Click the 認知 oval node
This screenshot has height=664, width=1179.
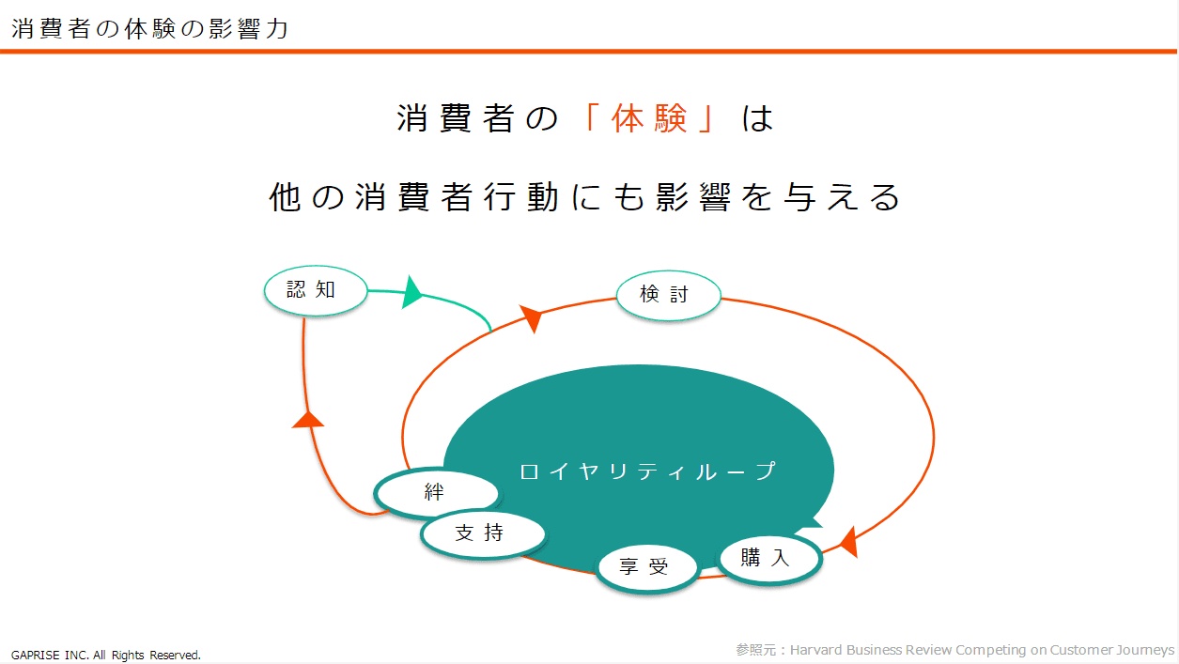[x=316, y=290]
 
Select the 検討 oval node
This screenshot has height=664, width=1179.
[x=668, y=295]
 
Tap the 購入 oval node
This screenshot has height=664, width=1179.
[x=769, y=558]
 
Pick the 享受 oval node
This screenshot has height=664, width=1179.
[x=647, y=567]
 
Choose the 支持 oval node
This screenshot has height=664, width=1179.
[x=483, y=533]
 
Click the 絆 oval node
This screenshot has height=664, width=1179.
[x=437, y=493]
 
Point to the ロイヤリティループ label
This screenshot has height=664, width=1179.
[x=648, y=471]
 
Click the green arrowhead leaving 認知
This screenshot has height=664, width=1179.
[x=412, y=292]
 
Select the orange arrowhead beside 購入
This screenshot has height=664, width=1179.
[x=848, y=542]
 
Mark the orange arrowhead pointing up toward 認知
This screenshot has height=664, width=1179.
[x=308, y=420]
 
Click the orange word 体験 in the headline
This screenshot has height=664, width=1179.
[x=649, y=117]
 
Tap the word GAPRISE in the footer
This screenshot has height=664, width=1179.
[x=36, y=655]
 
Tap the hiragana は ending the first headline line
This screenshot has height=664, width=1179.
[x=758, y=117]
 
